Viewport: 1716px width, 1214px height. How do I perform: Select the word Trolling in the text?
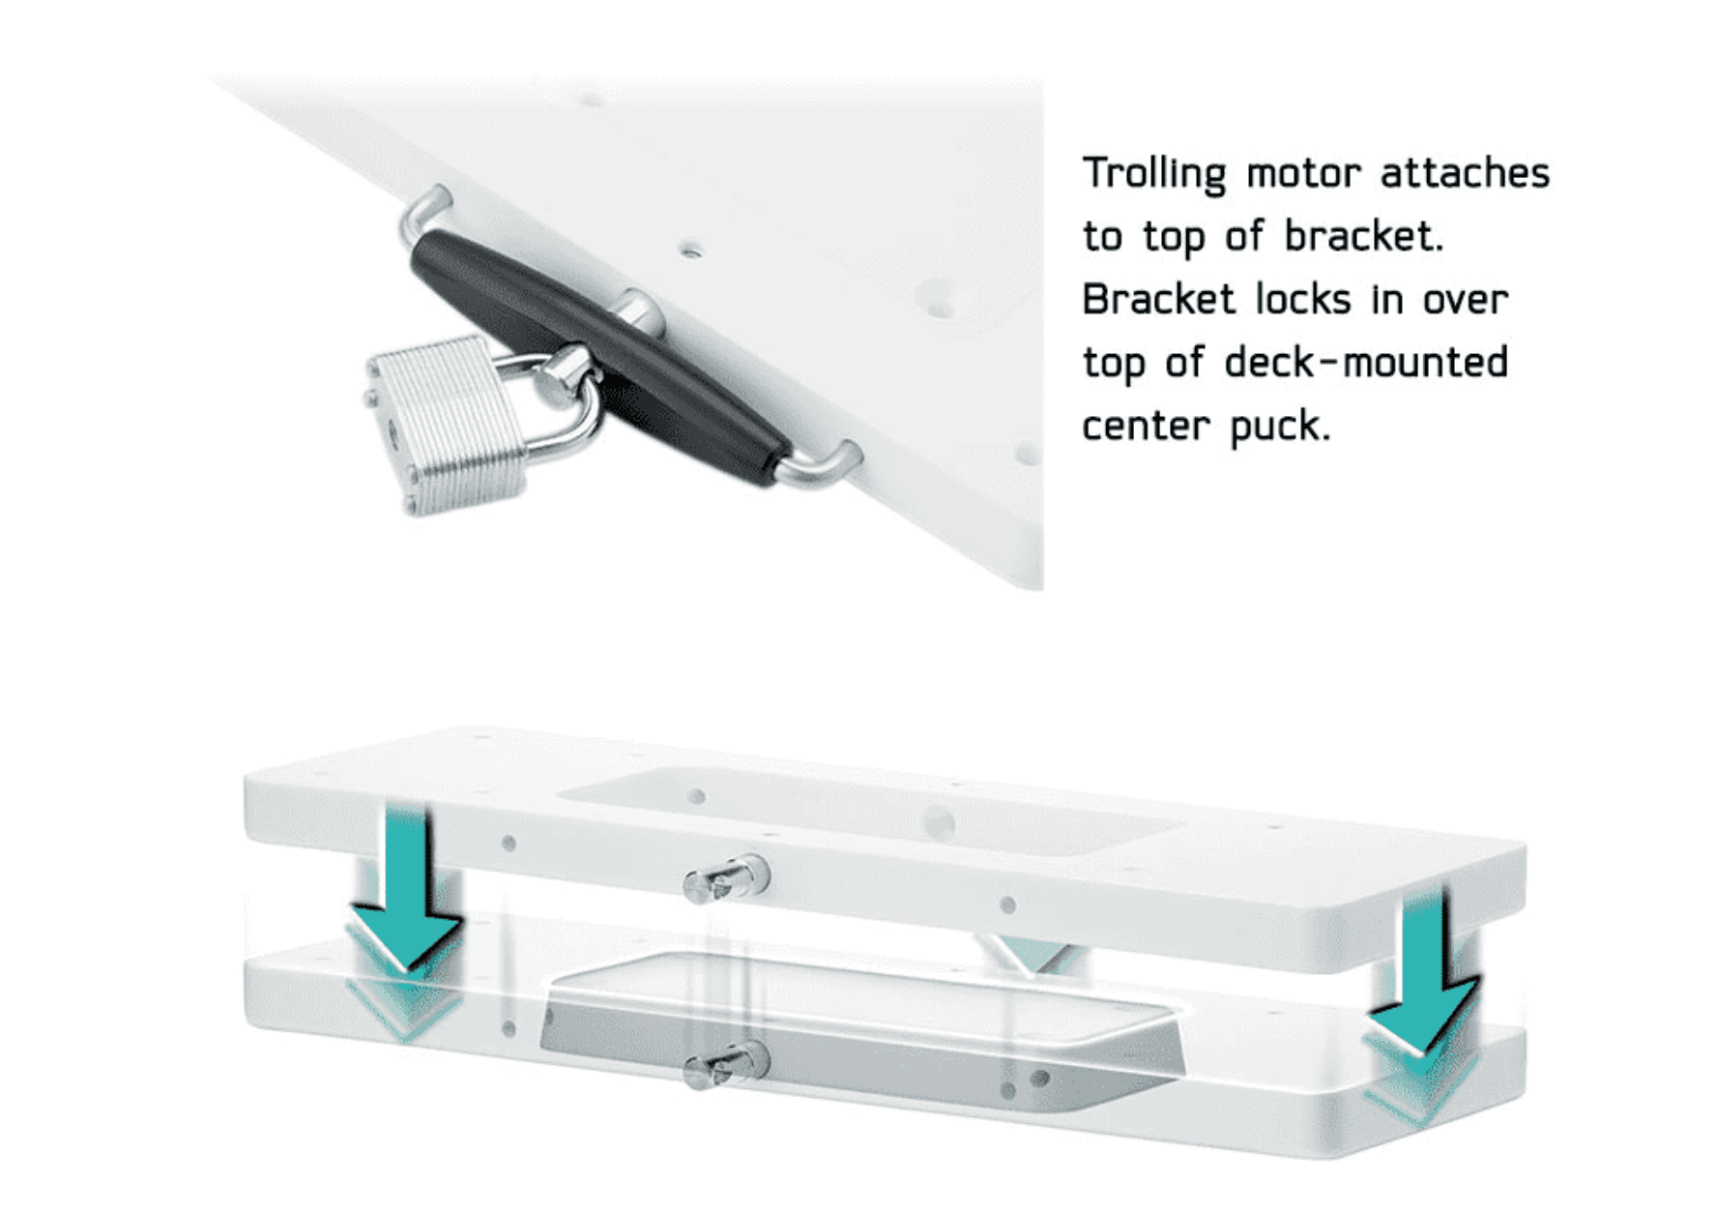click(x=1153, y=175)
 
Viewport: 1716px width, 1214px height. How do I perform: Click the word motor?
click(x=1303, y=175)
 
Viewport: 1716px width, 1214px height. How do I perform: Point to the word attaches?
click(x=1464, y=173)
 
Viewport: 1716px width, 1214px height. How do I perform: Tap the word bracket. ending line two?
click(x=1363, y=237)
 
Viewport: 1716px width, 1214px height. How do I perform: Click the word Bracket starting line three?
click(x=1158, y=300)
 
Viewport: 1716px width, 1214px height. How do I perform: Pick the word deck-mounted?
click(x=1365, y=364)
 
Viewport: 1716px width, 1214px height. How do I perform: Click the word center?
click(x=1145, y=427)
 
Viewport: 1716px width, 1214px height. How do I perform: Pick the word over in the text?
click(x=1464, y=300)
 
